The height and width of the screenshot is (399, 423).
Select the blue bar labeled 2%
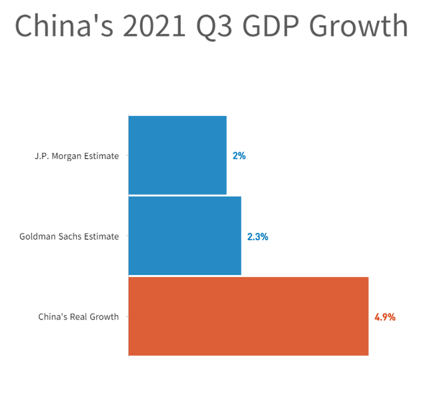(177, 155)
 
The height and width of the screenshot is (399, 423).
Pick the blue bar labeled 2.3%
(185, 236)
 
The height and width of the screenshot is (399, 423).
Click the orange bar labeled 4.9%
(248, 316)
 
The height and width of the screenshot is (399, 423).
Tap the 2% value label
(239, 156)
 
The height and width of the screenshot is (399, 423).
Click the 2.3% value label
(258, 237)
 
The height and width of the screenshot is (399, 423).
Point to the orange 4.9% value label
(385, 318)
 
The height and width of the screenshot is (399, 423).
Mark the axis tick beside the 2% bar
(127, 155)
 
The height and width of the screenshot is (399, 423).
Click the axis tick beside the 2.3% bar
(127, 236)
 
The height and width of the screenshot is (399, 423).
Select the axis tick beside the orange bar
(127, 316)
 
